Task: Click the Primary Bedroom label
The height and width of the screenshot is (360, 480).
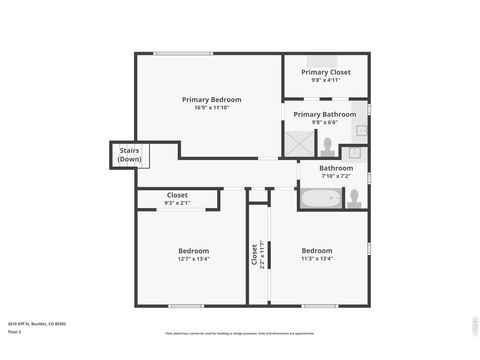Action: tap(211, 99)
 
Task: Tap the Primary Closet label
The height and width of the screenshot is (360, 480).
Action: tap(325, 72)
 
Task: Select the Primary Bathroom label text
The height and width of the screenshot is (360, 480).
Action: tap(324, 114)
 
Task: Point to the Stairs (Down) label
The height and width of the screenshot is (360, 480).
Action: tap(128, 156)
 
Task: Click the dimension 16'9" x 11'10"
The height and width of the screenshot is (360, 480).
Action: tap(211, 108)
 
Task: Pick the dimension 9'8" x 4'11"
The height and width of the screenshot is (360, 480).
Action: tap(325, 80)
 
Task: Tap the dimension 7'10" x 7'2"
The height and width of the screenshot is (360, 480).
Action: tap(335, 176)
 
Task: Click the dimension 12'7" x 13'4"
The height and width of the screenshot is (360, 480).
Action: tap(193, 258)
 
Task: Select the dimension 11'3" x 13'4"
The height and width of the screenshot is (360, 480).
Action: tap(317, 258)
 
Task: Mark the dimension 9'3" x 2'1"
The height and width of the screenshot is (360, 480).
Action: tap(177, 203)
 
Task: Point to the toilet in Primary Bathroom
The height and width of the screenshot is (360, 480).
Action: tap(328, 144)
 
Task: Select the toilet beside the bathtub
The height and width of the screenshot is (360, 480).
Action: tap(355, 197)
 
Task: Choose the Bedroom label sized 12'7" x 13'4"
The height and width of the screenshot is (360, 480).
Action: tap(193, 250)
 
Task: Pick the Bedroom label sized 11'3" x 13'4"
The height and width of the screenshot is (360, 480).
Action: tap(317, 250)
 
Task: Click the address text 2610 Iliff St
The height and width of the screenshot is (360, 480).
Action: tap(36, 324)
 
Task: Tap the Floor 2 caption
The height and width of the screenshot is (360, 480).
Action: tap(14, 331)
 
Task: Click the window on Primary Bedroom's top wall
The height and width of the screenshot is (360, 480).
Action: tap(182, 53)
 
